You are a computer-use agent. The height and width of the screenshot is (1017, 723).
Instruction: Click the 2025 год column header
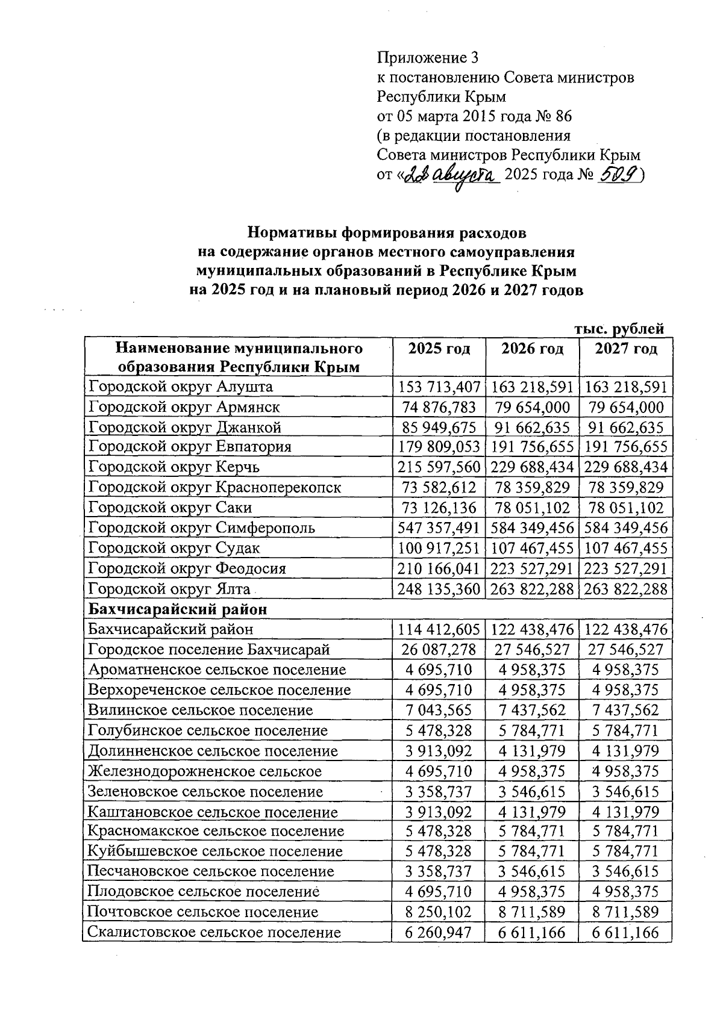(x=439, y=349)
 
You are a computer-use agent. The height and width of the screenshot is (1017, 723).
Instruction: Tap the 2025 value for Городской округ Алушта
(x=439, y=387)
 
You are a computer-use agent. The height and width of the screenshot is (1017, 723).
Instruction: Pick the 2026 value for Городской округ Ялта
(x=532, y=589)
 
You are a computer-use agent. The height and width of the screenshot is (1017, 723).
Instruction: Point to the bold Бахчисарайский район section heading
(x=178, y=609)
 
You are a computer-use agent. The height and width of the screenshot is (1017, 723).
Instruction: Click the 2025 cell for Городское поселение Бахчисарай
(x=439, y=650)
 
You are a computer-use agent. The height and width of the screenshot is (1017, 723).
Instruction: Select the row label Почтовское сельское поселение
(x=202, y=912)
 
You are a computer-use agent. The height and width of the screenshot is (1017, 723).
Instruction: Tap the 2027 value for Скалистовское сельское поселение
(x=625, y=933)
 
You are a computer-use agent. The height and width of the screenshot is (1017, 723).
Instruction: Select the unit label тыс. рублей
(x=619, y=329)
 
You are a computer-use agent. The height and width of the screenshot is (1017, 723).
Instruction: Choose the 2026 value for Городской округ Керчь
(x=532, y=467)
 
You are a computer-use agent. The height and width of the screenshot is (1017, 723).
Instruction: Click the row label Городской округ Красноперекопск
(x=214, y=487)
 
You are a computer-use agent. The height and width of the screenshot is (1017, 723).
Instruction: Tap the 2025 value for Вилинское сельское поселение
(x=439, y=711)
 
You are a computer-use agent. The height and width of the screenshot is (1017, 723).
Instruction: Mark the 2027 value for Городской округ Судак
(x=625, y=548)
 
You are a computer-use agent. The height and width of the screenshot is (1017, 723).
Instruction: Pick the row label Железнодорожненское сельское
(x=205, y=771)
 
